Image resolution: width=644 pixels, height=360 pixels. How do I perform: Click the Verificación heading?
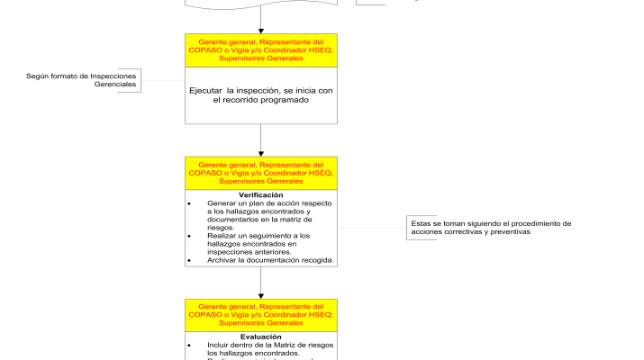tap(260, 195)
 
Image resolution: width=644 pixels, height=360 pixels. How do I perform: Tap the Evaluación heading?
tap(260, 337)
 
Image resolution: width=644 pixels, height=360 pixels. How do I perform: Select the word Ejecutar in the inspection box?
tap(206, 91)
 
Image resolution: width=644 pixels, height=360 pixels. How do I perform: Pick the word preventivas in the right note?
tap(507, 232)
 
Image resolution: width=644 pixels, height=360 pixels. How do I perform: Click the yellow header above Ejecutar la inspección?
tap(260, 50)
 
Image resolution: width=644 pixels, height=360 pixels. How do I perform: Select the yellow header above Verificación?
tap(260, 174)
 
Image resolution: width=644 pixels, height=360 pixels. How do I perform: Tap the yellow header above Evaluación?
tap(260, 315)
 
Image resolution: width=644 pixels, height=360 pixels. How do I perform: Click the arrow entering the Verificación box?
tap(260, 139)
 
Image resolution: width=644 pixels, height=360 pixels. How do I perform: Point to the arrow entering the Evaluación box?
tap(260, 282)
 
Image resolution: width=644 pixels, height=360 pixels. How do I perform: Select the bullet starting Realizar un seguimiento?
tap(259, 244)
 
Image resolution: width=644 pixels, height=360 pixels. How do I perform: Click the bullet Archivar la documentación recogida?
tap(270, 260)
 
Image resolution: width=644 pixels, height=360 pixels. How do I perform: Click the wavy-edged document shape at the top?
tap(260, 4)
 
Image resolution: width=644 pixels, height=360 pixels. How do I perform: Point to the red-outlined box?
tap(387, 3)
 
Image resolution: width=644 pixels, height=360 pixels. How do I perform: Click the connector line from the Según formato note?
tap(162, 81)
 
